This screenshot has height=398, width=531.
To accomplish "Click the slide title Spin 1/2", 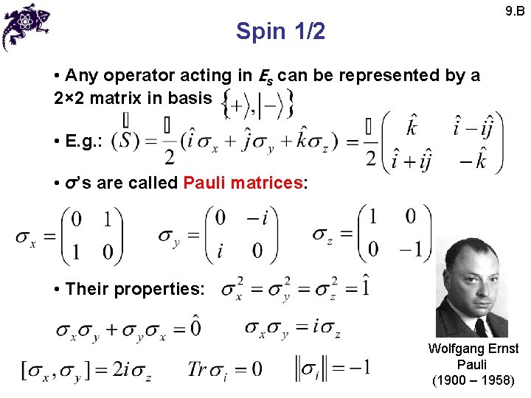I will coord(280,31).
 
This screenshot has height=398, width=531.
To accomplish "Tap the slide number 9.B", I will coord(514,10).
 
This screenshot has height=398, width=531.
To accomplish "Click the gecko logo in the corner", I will coord(27,25).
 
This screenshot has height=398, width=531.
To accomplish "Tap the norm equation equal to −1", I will coord(332,367).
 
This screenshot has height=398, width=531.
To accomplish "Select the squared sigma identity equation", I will coord(296,288).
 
